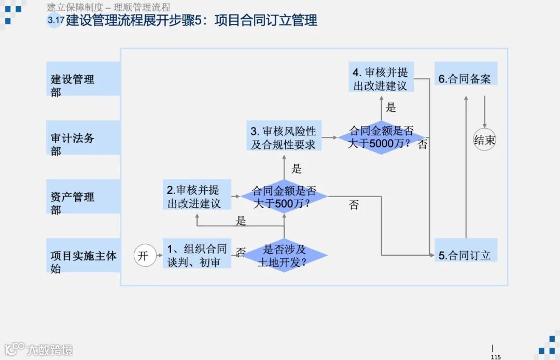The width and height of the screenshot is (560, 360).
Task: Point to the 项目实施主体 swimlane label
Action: point(83,256)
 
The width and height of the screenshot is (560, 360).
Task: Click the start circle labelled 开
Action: point(145,256)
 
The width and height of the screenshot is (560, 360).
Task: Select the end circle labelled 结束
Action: point(484,140)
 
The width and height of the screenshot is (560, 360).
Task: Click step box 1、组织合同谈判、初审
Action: point(197,255)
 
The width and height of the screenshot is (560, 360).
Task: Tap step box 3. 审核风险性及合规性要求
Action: point(283,137)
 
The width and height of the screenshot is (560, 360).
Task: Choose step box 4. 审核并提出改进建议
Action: point(381,79)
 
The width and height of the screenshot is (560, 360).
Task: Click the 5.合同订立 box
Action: point(465,255)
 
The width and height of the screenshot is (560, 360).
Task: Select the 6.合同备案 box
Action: point(465,79)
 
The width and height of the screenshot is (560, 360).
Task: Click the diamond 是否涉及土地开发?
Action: point(284,255)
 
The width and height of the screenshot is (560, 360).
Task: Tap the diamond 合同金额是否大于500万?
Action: point(284,197)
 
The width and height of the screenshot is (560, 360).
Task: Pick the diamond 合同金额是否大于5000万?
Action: point(381,137)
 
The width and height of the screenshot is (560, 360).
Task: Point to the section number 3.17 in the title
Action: point(55,21)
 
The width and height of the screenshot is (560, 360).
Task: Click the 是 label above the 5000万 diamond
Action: point(391,107)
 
